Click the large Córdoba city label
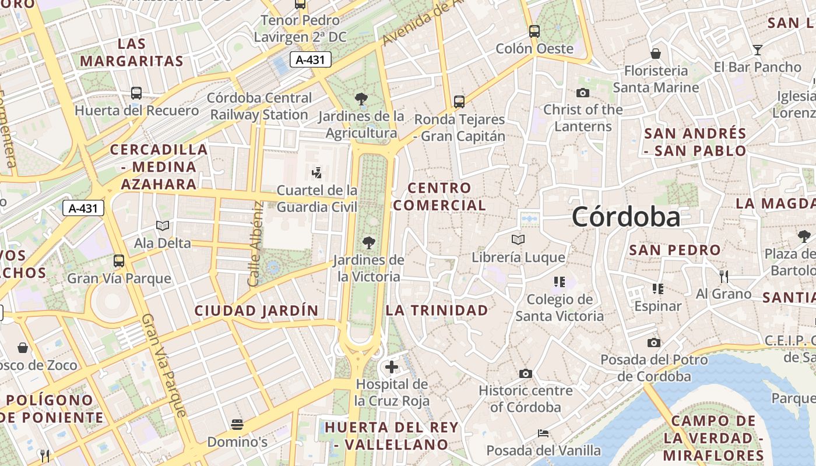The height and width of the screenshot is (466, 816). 625,217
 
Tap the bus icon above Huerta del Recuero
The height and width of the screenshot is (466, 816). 136,93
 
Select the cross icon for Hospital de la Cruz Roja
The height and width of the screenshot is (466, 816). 392,367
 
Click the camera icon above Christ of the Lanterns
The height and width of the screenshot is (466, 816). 582,93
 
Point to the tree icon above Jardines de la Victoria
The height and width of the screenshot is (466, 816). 368,243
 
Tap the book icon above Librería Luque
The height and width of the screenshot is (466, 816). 518,239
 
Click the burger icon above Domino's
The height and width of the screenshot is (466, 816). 237,424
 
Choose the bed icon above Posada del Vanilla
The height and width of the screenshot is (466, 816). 543,433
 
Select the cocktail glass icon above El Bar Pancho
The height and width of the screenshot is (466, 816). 757,50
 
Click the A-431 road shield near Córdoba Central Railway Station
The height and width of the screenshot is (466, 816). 311,59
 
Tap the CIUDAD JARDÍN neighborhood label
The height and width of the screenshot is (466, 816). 256,310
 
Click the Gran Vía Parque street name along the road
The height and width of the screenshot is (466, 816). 164,365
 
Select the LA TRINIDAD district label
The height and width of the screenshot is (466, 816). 437,310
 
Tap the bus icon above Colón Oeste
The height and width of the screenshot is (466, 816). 534,31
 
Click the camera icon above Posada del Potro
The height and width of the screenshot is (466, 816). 654,343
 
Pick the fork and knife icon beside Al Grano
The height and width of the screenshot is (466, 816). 724,276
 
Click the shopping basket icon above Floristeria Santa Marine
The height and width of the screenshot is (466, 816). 656,54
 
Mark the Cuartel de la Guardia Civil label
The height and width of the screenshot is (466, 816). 316,198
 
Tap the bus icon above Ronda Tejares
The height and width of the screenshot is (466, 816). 459,102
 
